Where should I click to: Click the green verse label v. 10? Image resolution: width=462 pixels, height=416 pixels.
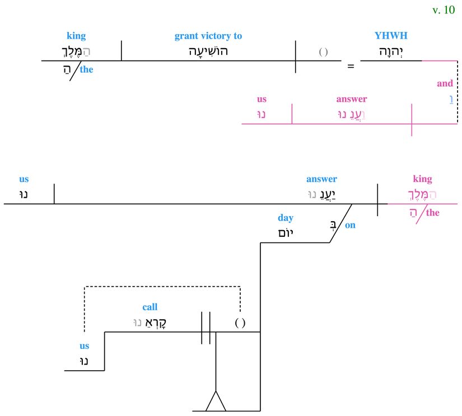444,10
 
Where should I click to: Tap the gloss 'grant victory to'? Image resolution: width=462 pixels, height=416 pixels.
208,36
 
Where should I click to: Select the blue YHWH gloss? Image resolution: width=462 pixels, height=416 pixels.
391,36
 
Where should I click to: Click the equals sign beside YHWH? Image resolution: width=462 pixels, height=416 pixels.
351,66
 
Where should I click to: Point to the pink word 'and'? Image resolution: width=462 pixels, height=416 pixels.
445,83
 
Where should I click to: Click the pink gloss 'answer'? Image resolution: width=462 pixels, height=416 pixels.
351,99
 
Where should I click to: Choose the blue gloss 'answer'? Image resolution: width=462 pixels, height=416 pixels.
321,179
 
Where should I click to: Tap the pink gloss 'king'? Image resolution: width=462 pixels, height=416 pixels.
422,179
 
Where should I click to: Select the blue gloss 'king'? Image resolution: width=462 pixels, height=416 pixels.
76,36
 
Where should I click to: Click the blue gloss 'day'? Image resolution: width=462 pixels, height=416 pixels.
286,218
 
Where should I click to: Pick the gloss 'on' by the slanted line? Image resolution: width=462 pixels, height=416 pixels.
350,226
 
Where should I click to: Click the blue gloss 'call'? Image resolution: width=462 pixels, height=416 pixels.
150,307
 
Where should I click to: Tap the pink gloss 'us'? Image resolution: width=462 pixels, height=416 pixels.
262,99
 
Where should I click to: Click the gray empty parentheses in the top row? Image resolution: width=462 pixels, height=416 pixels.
323,52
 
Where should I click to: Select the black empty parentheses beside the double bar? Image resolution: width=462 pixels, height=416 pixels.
240,323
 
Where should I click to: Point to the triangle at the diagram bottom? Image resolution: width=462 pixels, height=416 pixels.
216,401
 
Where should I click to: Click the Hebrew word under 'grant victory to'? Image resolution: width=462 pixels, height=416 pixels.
208,52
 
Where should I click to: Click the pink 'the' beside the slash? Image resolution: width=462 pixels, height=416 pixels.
433,213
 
